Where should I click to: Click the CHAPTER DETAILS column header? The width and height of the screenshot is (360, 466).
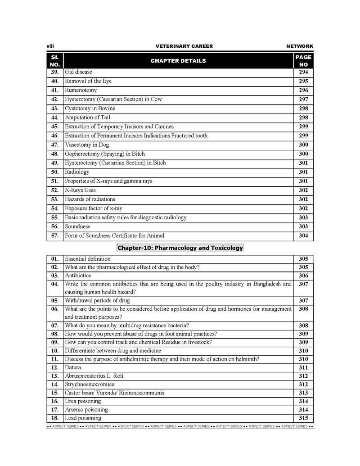pos(178,61)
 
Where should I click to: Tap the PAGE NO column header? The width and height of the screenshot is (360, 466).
pos(303,61)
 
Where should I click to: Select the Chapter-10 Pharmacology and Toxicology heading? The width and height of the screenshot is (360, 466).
pos(180,248)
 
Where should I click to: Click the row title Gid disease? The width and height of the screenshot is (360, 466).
pos(78,72)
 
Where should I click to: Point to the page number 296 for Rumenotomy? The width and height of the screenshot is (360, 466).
pos(303,90)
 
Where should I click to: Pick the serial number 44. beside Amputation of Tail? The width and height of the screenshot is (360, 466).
pos(55,118)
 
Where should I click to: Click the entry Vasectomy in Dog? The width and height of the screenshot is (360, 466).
pos(86,145)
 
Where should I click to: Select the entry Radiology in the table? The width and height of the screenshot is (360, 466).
pos(77,172)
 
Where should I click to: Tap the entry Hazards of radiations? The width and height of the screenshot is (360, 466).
pos(90,199)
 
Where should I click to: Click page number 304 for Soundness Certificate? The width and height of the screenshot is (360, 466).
pos(303,235)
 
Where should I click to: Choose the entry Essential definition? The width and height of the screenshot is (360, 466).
pos(88,259)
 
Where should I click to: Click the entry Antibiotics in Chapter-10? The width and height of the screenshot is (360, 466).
pos(78,276)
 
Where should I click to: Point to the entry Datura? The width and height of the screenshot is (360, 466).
pos(73,367)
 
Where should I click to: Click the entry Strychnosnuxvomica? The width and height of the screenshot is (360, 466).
pos(90,385)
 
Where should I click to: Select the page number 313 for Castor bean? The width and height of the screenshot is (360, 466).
pos(303,393)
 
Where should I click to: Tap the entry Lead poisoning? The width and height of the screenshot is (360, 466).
pos(83,418)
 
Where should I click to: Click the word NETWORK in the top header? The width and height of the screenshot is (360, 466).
pos(299,46)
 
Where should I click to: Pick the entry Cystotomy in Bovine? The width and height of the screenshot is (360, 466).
pos(90,109)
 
